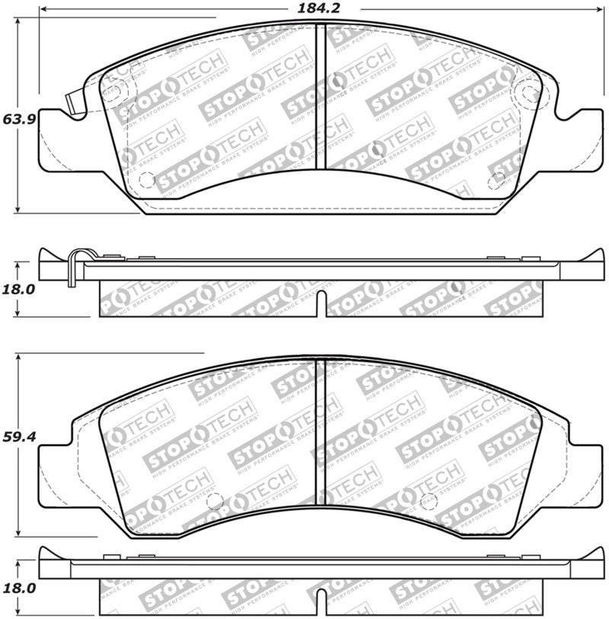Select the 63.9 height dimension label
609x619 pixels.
(x=16, y=120)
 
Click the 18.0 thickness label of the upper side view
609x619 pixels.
(x=16, y=289)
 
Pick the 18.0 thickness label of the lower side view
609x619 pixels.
(x=16, y=588)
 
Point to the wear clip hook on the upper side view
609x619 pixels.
(x=73, y=268)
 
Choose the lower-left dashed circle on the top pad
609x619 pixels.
(x=146, y=181)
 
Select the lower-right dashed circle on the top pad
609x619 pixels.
(x=496, y=181)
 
